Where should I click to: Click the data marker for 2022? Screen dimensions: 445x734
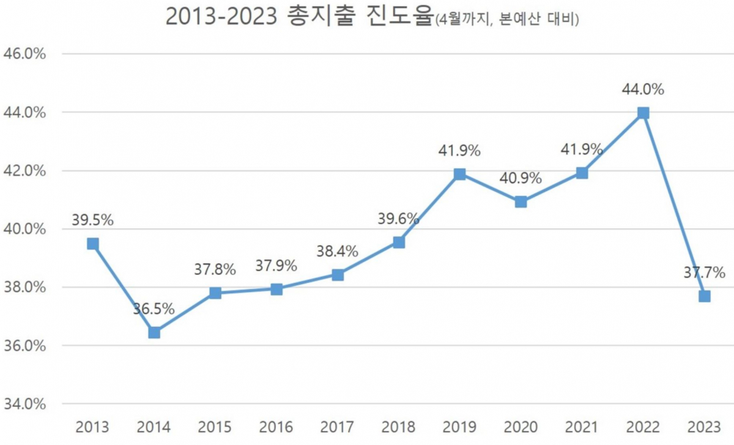point(643,113)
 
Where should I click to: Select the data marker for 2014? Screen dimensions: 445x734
point(154,332)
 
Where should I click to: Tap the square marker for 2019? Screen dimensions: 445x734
point(459,174)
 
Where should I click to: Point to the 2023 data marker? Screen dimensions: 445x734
point(704,296)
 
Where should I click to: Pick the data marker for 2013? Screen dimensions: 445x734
point(93,244)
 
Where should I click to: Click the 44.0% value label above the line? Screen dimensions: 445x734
point(643,90)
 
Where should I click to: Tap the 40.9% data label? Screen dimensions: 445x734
point(521,179)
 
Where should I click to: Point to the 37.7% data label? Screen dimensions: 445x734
point(704,272)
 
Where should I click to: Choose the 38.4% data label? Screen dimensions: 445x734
point(337,251)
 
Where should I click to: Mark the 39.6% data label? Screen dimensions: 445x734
point(398,219)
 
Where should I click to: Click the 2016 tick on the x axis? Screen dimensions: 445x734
point(276,427)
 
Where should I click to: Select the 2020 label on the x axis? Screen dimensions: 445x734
point(521,427)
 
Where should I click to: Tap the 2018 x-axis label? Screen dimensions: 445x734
point(398,427)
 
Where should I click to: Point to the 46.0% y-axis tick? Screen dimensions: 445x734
point(25,54)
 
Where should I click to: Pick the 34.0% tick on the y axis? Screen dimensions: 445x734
point(25,404)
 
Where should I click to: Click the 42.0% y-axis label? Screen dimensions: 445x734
point(25,171)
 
